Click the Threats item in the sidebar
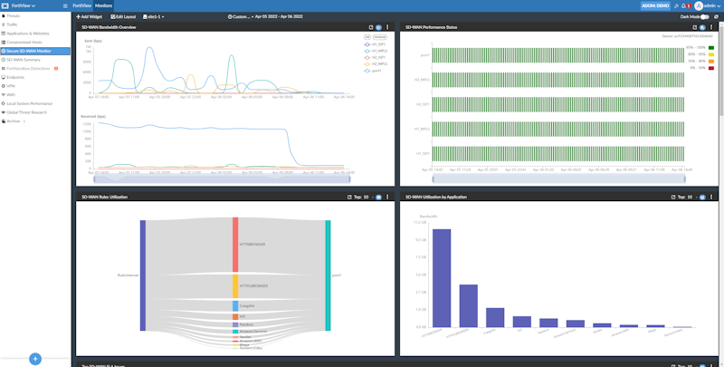(15, 15)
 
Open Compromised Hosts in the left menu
(25, 43)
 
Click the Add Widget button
(90, 16)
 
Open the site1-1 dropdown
(156, 16)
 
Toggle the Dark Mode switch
(705, 16)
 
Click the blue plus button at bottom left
(35, 359)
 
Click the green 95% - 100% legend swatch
(711, 47)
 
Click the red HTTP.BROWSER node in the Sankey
(235, 244)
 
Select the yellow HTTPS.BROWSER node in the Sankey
(235, 286)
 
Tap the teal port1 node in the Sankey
(328, 275)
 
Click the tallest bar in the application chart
(441, 277)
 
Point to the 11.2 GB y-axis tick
(419, 222)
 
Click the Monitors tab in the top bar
(104, 5)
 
